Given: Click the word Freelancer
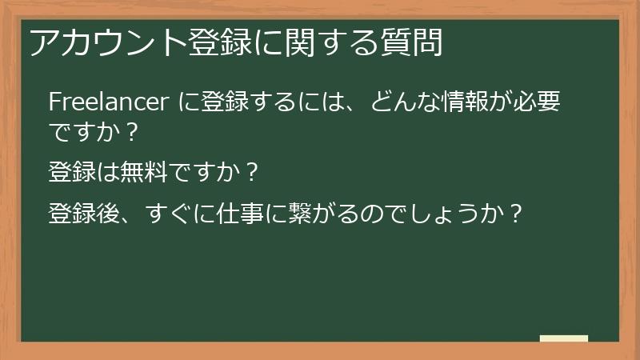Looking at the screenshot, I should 107,103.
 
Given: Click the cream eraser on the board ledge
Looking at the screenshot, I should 564,338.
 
